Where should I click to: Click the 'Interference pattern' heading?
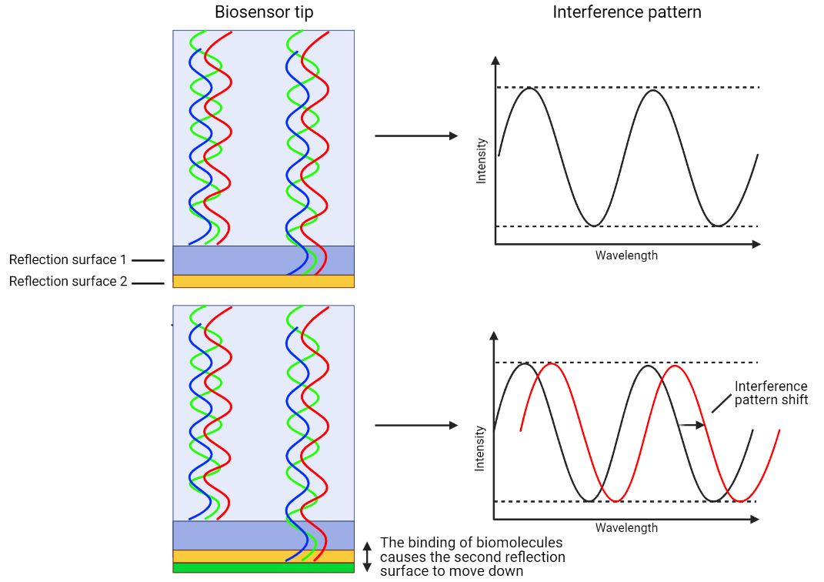pyautogui.click(x=627, y=12)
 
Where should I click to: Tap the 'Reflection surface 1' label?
pyautogui.click(x=68, y=260)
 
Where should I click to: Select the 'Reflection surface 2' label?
pyautogui.click(x=68, y=282)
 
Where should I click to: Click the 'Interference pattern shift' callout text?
pyautogui.click(x=771, y=393)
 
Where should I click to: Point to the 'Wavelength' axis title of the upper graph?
pyautogui.click(x=626, y=256)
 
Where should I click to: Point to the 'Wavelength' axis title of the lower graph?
pyautogui.click(x=626, y=528)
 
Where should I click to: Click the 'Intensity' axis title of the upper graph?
pyautogui.click(x=482, y=160)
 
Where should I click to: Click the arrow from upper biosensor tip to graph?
pyautogui.click(x=415, y=136)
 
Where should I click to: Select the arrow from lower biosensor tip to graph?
pyautogui.click(x=415, y=425)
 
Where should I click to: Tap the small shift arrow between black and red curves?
pyautogui.click(x=691, y=424)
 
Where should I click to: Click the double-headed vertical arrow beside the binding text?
pyautogui.click(x=367, y=557)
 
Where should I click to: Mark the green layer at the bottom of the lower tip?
pyautogui.click(x=263, y=568)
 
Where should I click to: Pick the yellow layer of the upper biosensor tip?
pyautogui.click(x=263, y=281)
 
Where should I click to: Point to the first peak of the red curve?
pyautogui.click(x=552, y=364)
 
